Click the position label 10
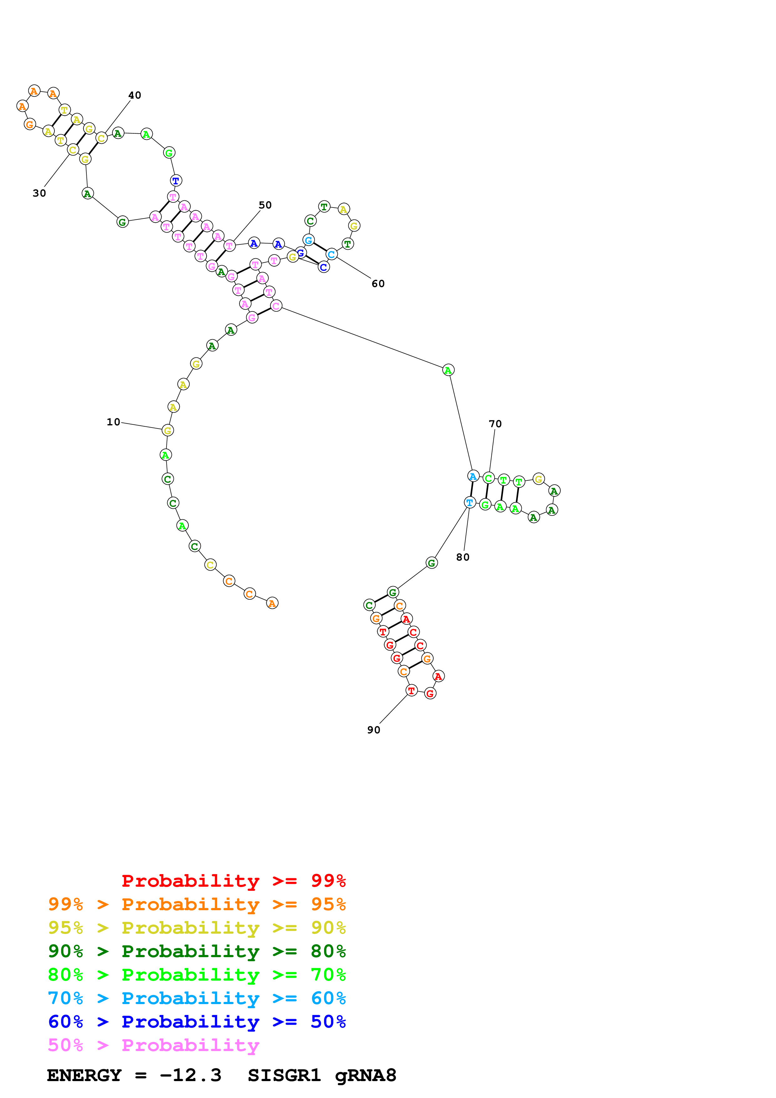[x=113, y=422]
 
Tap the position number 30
[x=39, y=193]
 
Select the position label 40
[x=135, y=95]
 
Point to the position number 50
[x=265, y=205]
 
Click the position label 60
[x=378, y=284]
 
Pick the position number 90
[x=373, y=730]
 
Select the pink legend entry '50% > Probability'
[x=153, y=1045]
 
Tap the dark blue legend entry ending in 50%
[x=197, y=1022]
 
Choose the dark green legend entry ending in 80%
[x=197, y=951]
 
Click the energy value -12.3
[x=190, y=1075]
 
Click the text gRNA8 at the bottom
[x=365, y=1075]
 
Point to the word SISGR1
[x=284, y=1075]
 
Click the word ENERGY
[x=84, y=1075]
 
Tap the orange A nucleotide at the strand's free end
[x=272, y=603]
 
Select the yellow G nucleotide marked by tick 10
[x=168, y=430]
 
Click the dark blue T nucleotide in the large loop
[x=176, y=181]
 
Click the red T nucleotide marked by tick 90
[x=411, y=690]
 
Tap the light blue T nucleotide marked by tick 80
[x=470, y=502]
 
